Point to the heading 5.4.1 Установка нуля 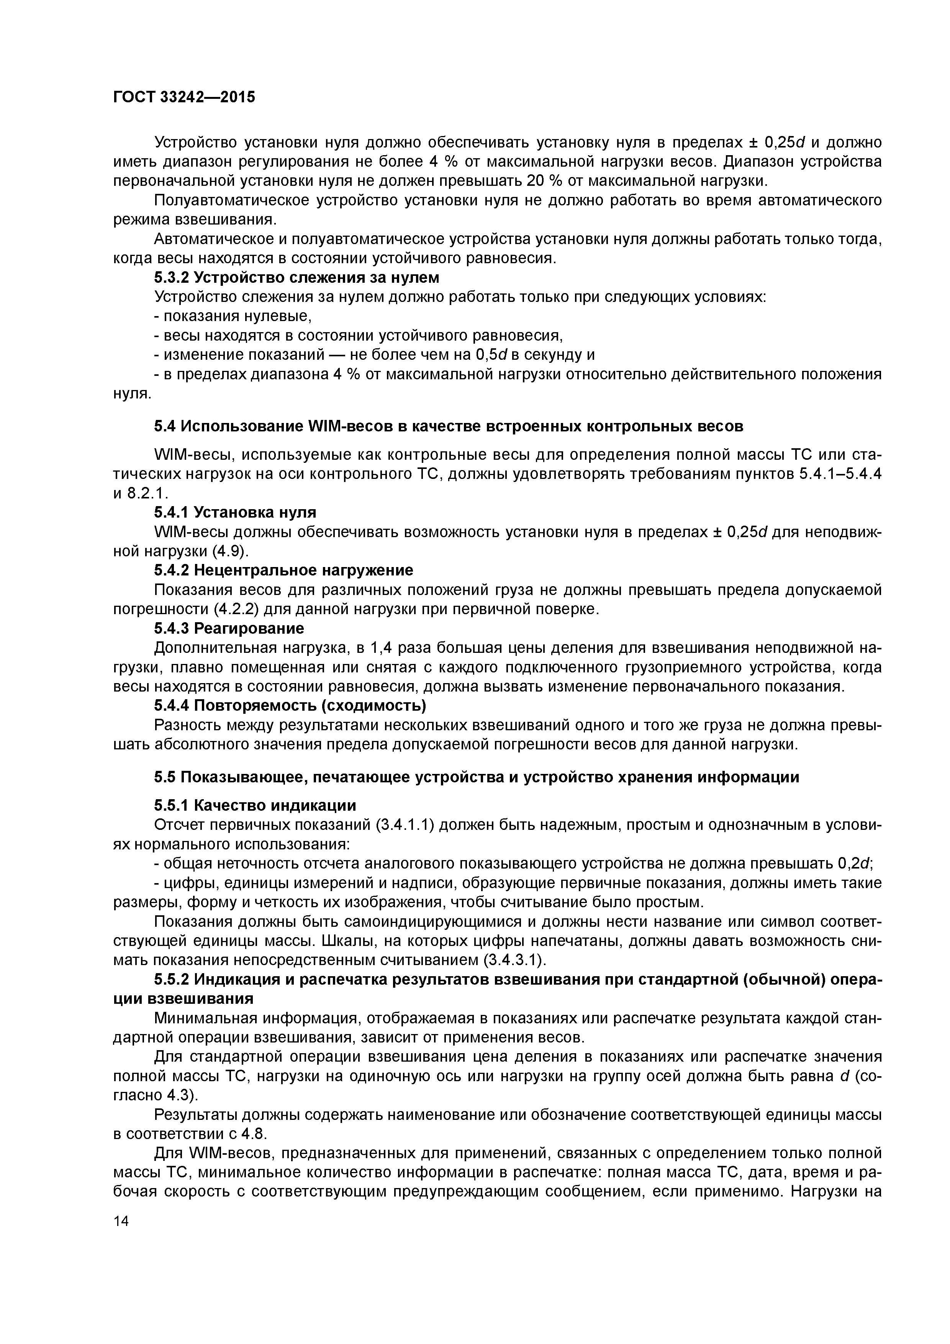click(x=235, y=512)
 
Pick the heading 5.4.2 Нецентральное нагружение click(x=283, y=570)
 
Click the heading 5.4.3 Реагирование click(x=229, y=628)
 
